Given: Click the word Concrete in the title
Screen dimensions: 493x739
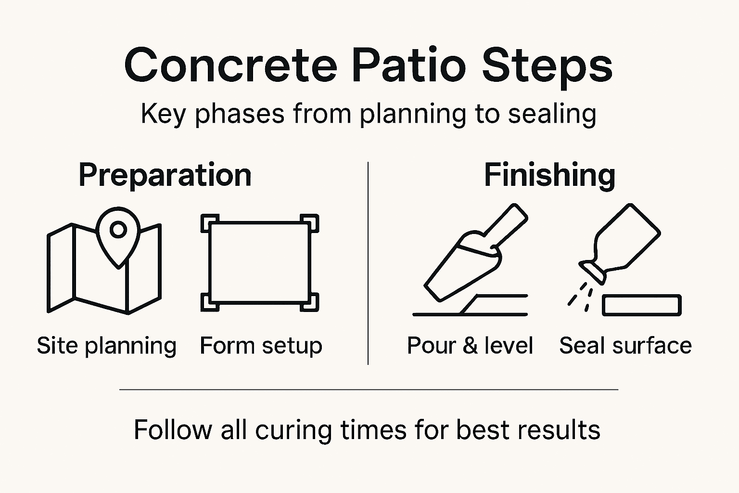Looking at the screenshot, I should (230, 65).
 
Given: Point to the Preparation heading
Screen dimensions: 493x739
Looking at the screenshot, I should (165, 175).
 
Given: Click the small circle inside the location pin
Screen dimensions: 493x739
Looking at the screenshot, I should (118, 230).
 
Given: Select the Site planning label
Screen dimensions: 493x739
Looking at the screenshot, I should (106, 346).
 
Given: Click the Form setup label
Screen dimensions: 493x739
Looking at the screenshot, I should (261, 346).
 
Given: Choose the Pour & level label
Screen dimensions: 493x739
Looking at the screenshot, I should (470, 346).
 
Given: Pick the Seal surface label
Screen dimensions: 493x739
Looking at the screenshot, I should (625, 346).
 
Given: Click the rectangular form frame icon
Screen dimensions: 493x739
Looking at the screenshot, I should (260, 263).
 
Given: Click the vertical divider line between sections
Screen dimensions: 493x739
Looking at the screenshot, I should (368, 263).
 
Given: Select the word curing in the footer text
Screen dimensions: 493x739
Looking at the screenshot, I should (293, 430).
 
